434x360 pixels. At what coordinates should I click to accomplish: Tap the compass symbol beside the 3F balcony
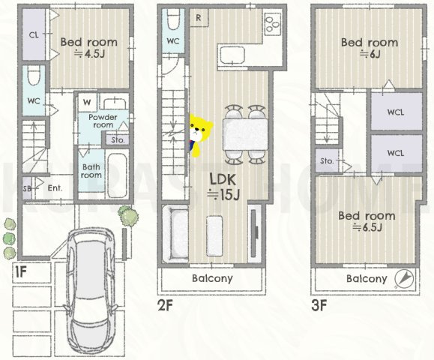[404, 278]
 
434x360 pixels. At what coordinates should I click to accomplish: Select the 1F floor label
[20, 272]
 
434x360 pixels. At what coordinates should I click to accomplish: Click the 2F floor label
[165, 306]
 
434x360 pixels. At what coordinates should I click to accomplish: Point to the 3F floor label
[319, 306]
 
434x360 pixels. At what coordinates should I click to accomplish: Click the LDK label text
[223, 180]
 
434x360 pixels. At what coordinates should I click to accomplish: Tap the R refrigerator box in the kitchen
[199, 18]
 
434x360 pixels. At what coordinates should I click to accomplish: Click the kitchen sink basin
[232, 55]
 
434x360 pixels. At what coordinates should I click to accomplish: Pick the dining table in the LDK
[245, 134]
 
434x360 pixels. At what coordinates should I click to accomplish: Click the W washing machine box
[87, 103]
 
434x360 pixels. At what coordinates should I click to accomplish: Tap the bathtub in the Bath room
[117, 175]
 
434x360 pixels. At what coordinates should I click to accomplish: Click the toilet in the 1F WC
[34, 76]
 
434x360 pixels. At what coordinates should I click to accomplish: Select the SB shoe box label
[26, 188]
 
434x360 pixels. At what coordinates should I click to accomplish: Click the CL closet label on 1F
[34, 35]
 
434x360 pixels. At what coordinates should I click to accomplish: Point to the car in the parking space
[91, 291]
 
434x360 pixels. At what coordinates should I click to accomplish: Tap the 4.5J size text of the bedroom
[89, 54]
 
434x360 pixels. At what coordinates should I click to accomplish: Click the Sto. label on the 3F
[327, 161]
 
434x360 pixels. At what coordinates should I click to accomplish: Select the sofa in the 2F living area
[175, 234]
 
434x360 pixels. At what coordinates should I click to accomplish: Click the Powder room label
[103, 121]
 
